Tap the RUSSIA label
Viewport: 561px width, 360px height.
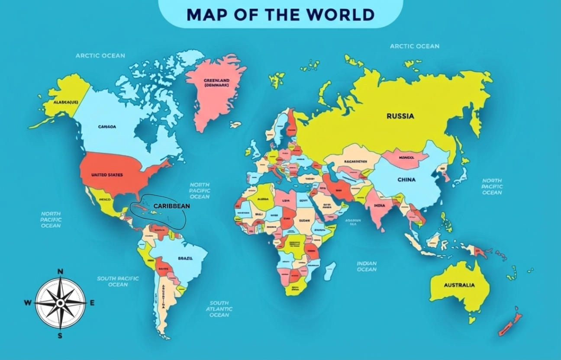tap(400, 116)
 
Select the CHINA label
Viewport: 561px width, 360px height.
tap(406, 180)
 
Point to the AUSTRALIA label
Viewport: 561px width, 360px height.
tap(459, 285)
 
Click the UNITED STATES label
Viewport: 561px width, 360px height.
tap(107, 175)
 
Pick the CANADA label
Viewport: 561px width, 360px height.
tap(107, 127)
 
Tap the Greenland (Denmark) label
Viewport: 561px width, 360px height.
tap(216, 83)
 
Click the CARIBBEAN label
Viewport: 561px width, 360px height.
tap(172, 206)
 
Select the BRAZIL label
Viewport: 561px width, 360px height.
tap(185, 258)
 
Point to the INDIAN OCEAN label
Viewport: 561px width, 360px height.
tap(367, 266)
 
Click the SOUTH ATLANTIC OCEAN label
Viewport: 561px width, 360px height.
tap(219, 309)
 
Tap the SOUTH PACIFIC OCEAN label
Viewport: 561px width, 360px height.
tap(118, 281)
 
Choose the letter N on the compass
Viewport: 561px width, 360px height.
tap(61, 272)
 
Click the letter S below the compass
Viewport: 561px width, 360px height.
tap(60, 335)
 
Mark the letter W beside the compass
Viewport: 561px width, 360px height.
tap(28, 303)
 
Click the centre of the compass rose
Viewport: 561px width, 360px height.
tap(60, 303)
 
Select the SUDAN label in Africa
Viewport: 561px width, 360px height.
tap(304, 220)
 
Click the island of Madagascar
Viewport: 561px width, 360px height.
tap(330, 271)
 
